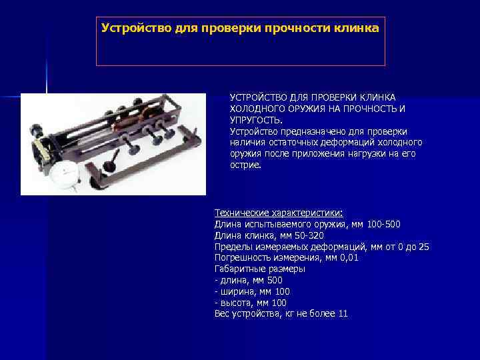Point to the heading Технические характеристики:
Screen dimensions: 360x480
279,213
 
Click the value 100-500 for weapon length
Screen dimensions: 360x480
384,224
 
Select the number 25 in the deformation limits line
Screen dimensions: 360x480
424,247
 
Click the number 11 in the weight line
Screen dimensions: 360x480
343,314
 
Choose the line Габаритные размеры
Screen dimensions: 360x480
259,269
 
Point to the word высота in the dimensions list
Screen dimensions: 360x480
235,303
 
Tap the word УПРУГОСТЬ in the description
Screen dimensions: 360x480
256,120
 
